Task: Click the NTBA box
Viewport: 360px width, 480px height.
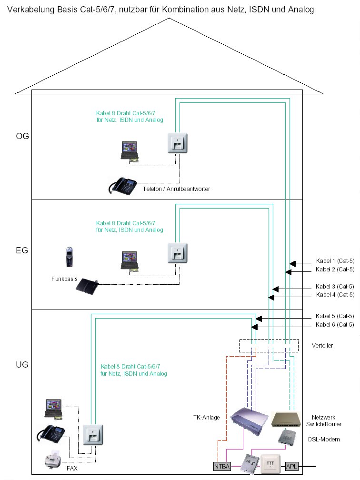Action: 221,466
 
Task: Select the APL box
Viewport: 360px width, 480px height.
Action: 291,466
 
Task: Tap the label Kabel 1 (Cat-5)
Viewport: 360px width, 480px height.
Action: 335,261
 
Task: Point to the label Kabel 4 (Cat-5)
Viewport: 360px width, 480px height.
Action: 335,295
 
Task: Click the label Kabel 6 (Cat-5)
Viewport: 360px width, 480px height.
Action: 335,325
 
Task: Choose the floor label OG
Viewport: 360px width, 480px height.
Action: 22,136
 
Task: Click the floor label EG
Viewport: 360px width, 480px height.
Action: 22,250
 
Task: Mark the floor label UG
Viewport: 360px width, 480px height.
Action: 22,365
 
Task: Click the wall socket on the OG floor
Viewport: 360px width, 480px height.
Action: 177,142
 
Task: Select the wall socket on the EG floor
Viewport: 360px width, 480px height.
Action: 177,253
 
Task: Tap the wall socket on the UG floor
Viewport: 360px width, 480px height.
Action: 92,434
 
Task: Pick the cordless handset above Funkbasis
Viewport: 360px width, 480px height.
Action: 70,257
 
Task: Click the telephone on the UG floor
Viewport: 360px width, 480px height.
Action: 51,434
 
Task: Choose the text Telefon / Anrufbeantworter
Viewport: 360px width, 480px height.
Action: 176,189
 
